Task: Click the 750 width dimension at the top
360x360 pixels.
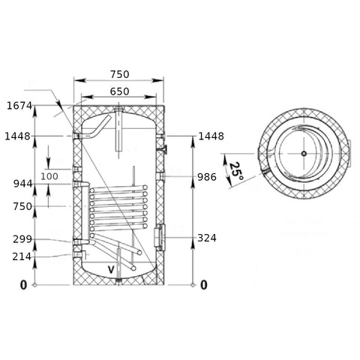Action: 120,74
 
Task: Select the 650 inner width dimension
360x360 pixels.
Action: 119,91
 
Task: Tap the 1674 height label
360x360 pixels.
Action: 19,106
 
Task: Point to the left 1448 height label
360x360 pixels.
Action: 17,136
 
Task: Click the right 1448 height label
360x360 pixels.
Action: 211,136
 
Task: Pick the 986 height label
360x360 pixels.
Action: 207,177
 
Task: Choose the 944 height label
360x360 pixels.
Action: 22,184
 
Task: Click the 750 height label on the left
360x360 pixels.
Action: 22,206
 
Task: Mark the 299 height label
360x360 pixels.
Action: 22,239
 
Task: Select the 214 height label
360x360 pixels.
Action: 22,256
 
